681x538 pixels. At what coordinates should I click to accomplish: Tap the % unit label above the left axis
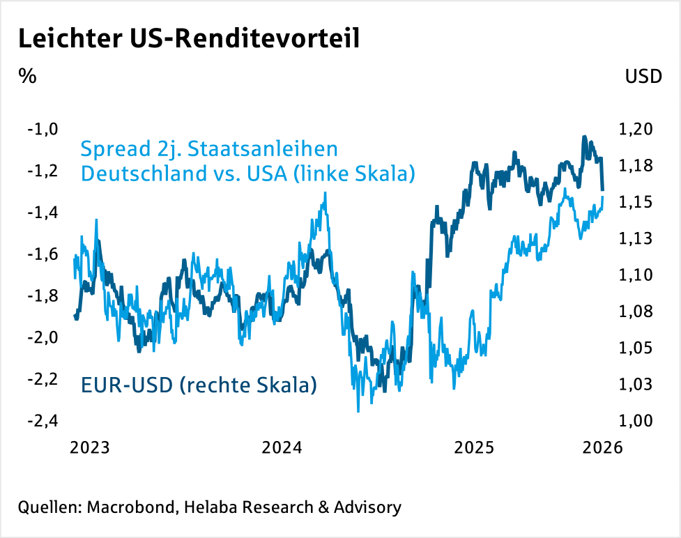pos(27,76)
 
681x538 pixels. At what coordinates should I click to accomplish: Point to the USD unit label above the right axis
pos(643,77)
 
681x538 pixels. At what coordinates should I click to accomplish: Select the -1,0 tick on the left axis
pos(42,129)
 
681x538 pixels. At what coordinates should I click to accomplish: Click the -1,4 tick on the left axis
pos(42,213)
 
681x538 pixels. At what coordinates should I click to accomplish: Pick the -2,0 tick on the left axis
pos(42,338)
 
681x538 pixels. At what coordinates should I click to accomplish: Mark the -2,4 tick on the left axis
pos(42,421)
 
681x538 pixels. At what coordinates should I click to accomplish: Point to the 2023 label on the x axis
pos(90,447)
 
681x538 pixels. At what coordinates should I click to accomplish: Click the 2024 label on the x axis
pos(282,447)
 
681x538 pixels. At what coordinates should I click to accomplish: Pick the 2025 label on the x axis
pos(474,447)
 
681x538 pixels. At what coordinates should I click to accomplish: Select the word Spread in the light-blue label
pos(114,150)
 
